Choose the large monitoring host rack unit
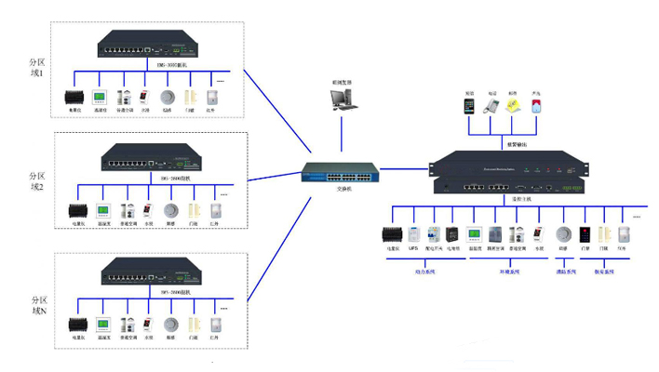click(508, 172)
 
